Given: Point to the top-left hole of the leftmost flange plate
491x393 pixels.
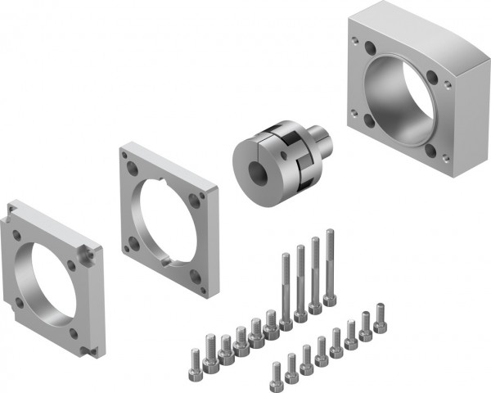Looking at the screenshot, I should (x=17, y=232).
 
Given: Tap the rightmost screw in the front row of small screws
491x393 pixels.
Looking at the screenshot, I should (x=380, y=318).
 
